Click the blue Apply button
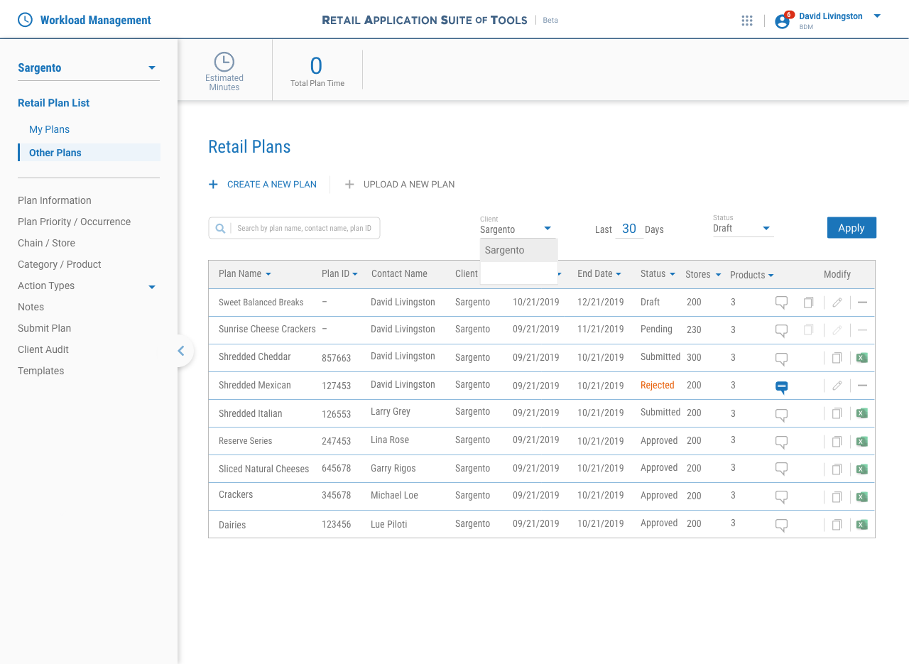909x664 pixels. (x=851, y=227)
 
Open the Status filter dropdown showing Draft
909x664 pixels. (x=742, y=228)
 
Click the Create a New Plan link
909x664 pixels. (x=263, y=185)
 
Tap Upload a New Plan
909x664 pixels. (x=400, y=185)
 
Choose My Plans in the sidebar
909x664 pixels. (x=49, y=129)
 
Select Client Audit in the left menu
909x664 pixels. (x=43, y=349)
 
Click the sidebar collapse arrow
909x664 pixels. (x=181, y=350)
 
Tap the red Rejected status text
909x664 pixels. (x=657, y=385)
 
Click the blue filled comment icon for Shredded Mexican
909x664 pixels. (x=781, y=386)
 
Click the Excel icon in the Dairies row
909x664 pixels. (x=861, y=525)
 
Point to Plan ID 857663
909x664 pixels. (x=336, y=358)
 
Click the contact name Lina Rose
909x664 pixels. (x=390, y=440)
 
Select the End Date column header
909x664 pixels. (x=599, y=274)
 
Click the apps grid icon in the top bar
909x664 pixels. (x=746, y=21)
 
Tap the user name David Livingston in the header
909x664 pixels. (x=830, y=16)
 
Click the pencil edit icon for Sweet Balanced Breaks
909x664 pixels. (x=837, y=303)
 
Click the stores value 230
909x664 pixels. (x=694, y=330)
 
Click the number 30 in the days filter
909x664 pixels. (x=629, y=229)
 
